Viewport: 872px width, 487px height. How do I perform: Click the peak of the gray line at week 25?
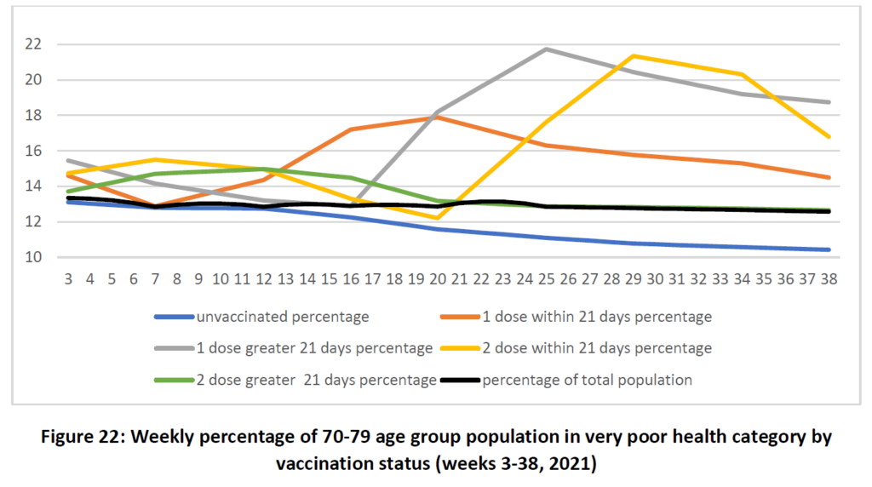tap(546, 49)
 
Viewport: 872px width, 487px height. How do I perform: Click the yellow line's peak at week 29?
tap(633, 56)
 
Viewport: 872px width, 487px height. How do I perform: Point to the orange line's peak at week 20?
tap(438, 117)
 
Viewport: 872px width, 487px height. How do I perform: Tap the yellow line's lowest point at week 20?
tap(438, 218)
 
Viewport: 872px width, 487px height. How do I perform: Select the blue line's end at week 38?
tap(829, 249)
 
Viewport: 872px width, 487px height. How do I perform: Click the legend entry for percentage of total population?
tap(587, 380)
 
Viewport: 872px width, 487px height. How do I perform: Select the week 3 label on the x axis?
tap(68, 278)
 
